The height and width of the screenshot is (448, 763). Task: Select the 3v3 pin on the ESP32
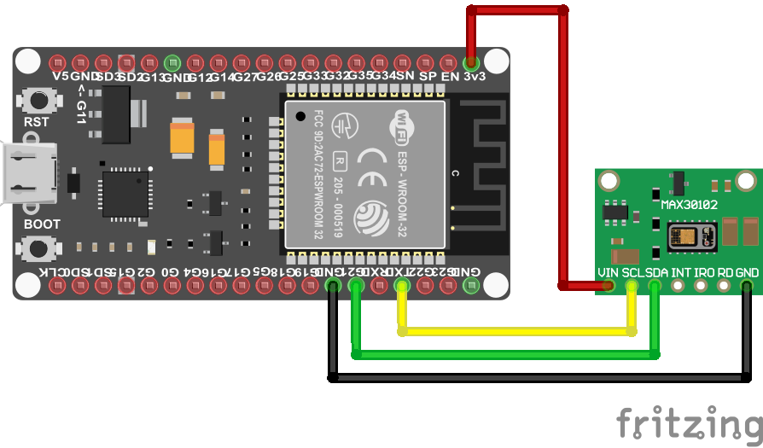point(470,62)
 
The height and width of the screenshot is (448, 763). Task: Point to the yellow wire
point(512,329)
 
